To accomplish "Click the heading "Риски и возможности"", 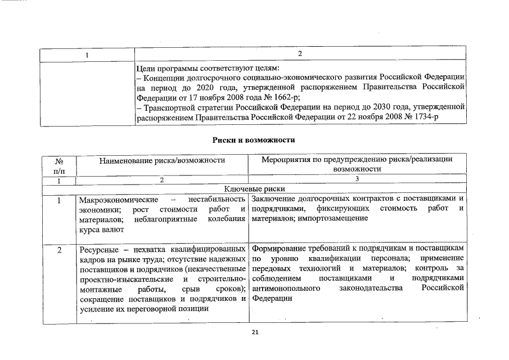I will click(254, 139).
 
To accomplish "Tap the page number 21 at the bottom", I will click(254, 333).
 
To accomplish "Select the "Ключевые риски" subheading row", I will click(254, 189).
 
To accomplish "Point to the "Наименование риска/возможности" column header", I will click(162, 160).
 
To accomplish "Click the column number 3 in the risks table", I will click(357, 179).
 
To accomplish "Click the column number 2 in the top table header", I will click(300, 54).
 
